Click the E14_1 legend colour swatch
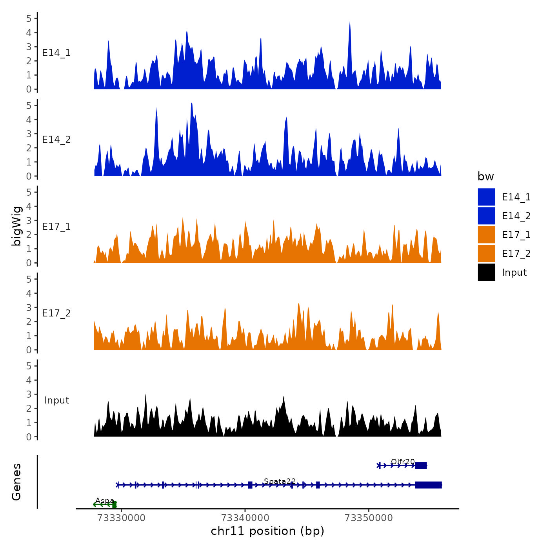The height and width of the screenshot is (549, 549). [486, 197]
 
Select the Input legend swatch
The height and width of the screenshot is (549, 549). [486, 272]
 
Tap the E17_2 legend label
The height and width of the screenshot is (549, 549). [516, 254]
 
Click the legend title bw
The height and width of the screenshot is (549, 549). [485, 176]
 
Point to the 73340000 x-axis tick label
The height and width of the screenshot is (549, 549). [245, 518]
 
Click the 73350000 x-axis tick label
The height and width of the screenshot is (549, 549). [369, 518]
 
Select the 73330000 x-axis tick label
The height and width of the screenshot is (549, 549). [121, 518]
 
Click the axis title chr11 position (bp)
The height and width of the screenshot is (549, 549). [267, 531]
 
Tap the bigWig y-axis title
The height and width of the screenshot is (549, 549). [16, 226]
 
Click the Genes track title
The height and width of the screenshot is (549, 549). [16, 482]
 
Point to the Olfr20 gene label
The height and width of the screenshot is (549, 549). [403, 462]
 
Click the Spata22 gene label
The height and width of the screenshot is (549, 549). [280, 481]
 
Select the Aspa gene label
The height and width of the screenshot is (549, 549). [105, 501]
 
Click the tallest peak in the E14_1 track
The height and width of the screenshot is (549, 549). [350, 22]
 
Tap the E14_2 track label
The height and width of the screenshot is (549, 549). [56, 140]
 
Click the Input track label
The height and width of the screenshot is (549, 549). [56, 400]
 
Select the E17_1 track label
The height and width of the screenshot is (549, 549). [56, 227]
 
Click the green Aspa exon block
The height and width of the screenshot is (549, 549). [114, 505]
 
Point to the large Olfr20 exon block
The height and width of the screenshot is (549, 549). [421, 465]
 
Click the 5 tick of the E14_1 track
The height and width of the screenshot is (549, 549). [29, 18]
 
